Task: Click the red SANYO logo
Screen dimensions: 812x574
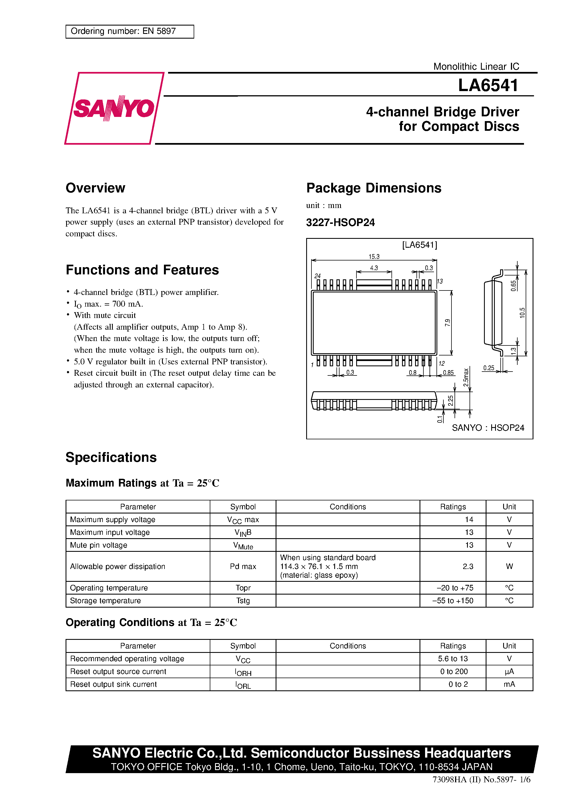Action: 114,108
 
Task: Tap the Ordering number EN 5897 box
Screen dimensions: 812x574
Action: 129,31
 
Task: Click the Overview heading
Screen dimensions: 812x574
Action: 95,188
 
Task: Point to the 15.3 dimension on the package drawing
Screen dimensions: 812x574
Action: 374,256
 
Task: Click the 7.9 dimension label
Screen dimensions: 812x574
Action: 448,322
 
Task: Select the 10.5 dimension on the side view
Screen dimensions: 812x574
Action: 522,313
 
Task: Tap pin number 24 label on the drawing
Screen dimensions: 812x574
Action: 318,276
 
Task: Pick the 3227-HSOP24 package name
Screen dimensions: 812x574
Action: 340,222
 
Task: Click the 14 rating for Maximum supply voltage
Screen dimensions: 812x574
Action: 469,520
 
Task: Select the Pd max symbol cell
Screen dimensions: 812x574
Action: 243,566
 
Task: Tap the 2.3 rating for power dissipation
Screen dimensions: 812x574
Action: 468,566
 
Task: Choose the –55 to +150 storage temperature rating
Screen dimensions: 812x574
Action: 453,600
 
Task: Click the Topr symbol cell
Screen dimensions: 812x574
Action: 243,588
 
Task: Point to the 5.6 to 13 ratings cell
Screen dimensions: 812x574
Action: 453,658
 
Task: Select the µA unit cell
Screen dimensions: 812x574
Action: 509,671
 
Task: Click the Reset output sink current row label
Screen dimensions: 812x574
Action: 113,684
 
